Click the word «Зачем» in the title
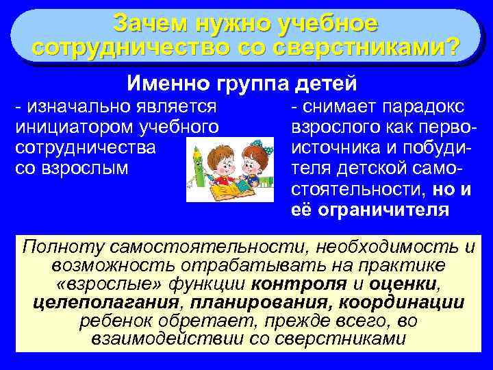point(149,22)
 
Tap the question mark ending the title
point(452,47)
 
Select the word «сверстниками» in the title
point(358,47)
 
